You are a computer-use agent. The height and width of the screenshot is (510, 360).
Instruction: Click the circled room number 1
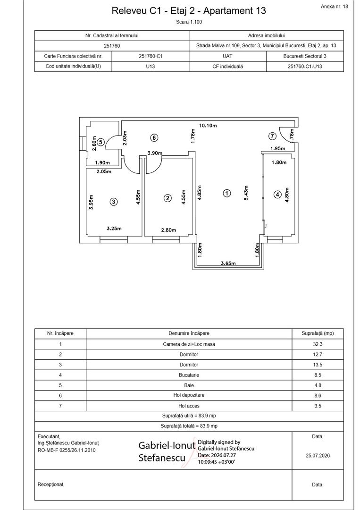pos(227,193)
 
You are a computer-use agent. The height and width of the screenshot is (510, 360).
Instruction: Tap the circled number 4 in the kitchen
pos(277,195)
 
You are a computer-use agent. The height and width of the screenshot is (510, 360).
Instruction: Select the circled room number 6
pos(154,138)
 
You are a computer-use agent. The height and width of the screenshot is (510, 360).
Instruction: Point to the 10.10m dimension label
pos(208,126)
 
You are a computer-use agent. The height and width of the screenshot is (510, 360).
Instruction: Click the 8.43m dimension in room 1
pos(246,193)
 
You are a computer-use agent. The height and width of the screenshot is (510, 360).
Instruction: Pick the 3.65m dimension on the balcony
pos(228,263)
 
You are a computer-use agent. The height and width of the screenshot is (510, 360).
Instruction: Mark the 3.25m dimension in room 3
pos(114,229)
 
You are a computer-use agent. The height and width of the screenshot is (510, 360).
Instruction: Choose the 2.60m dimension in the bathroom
pos(94,144)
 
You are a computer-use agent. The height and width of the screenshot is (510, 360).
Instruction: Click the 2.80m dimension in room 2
pos(168,230)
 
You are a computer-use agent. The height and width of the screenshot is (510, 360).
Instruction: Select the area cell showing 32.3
pos(318,344)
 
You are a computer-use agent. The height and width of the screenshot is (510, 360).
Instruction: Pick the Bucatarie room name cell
pos(189,375)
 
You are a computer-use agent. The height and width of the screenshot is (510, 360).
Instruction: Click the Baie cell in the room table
pos(189,385)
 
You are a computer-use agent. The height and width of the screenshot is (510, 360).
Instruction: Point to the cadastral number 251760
pos(112,46)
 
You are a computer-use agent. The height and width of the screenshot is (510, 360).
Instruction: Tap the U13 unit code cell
pos(150,67)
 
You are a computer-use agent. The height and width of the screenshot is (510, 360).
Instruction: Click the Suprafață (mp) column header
pos(318,333)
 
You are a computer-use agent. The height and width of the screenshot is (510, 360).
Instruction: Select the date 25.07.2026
pos(318,456)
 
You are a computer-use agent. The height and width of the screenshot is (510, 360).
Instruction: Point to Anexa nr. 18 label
pos(335,7)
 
